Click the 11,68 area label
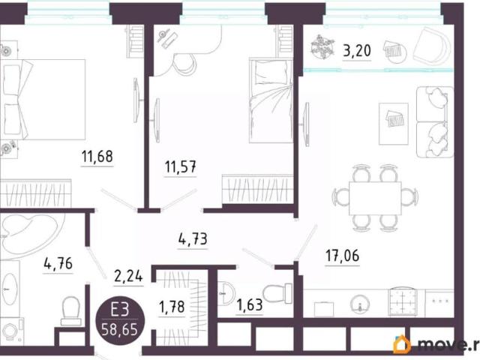97,157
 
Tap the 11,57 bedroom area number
180,167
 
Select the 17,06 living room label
342,256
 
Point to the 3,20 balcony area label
357,51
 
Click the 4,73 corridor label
193,239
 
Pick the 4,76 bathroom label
58,263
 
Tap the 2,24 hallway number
128,277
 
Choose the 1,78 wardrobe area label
172,307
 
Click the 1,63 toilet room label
250,305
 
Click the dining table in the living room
375,198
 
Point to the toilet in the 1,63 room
277,293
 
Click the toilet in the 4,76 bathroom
70,311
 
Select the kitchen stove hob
403,301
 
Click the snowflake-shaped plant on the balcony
322,46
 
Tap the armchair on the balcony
432,45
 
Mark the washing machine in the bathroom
12,331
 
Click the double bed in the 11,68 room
43,100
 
